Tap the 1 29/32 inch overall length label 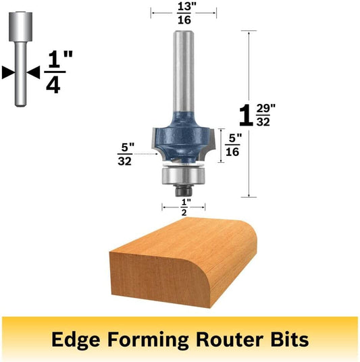pyautogui.click(x=257, y=115)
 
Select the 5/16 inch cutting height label pyautogui.click(x=233, y=145)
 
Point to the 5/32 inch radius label pyautogui.click(x=126, y=154)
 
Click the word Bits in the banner pyautogui.click(x=290, y=339)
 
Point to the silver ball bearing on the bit pyautogui.click(x=183, y=176)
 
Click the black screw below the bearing pyautogui.click(x=184, y=191)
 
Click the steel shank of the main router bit pyautogui.click(x=184, y=72)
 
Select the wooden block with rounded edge pyautogui.click(x=183, y=263)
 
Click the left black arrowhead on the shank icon pyautogui.click(x=8, y=72)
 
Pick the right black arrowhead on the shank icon pyautogui.click(x=33, y=72)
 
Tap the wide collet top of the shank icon pyautogui.click(x=20, y=26)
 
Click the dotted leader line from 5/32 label pyautogui.click(x=146, y=154)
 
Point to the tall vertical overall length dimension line pyautogui.click(x=249, y=114)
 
